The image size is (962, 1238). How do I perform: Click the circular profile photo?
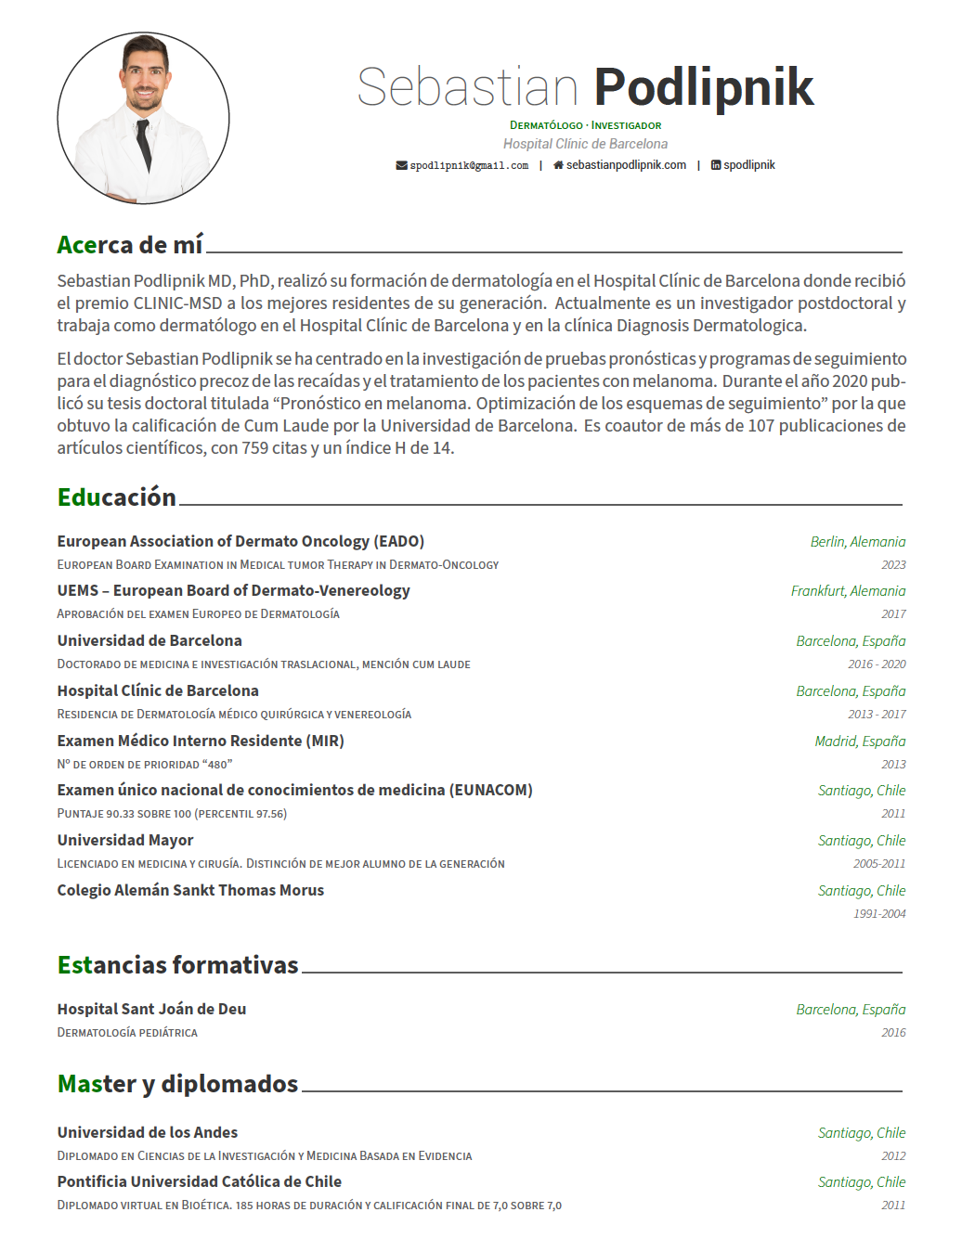143,118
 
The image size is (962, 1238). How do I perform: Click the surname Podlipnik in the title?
703,87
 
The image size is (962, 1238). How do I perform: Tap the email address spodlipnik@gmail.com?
469,166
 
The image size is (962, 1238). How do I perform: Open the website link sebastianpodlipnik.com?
626,165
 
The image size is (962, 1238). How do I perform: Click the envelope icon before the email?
401,166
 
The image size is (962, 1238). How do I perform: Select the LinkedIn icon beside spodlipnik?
716,165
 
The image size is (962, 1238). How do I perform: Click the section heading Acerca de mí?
130,245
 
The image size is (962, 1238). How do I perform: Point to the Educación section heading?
117,497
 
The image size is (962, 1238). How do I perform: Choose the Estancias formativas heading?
177,965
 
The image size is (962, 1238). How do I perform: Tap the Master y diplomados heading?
177,1084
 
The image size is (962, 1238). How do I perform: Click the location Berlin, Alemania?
857,542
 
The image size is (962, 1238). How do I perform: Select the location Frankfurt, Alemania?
848,591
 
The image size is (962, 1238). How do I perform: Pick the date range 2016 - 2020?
877,664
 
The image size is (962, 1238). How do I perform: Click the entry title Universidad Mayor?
125,840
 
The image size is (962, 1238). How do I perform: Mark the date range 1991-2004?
879,914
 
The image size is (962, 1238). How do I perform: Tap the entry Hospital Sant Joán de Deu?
151,1009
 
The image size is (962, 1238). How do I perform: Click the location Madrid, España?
860,742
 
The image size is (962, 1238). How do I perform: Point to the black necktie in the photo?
144,145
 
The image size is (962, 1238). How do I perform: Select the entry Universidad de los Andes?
148,1132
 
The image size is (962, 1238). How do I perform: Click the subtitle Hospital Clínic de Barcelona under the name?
585,144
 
